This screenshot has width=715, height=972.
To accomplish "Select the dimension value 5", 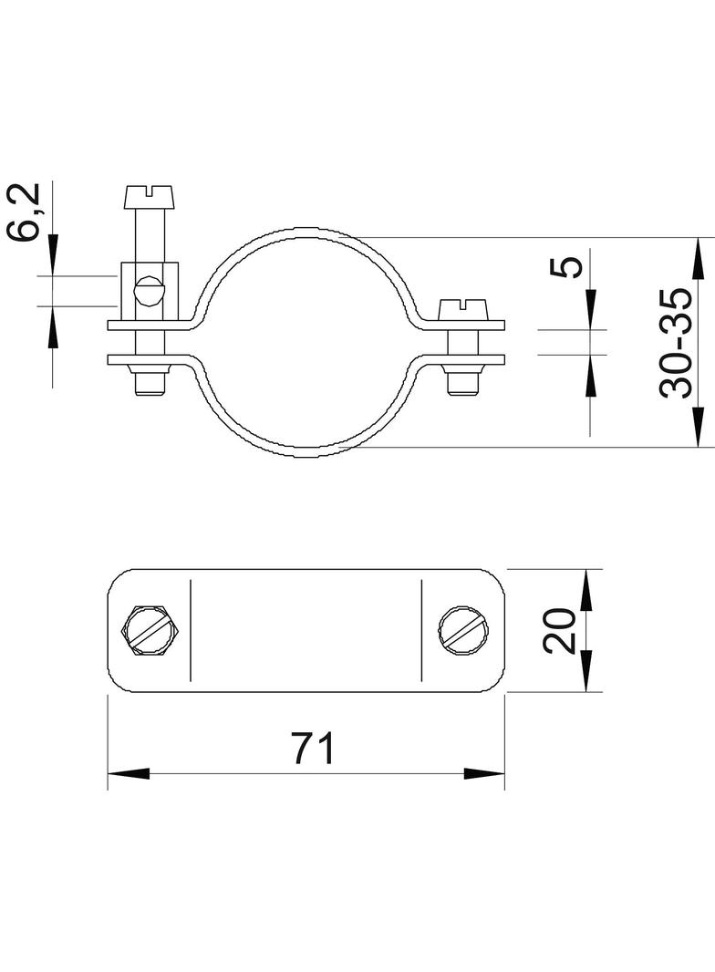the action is [566, 266].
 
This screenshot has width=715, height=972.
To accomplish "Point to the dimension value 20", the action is [560, 630].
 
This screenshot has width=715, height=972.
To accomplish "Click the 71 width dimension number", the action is [314, 749].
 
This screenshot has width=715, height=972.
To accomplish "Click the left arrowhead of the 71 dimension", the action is [129, 773].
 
